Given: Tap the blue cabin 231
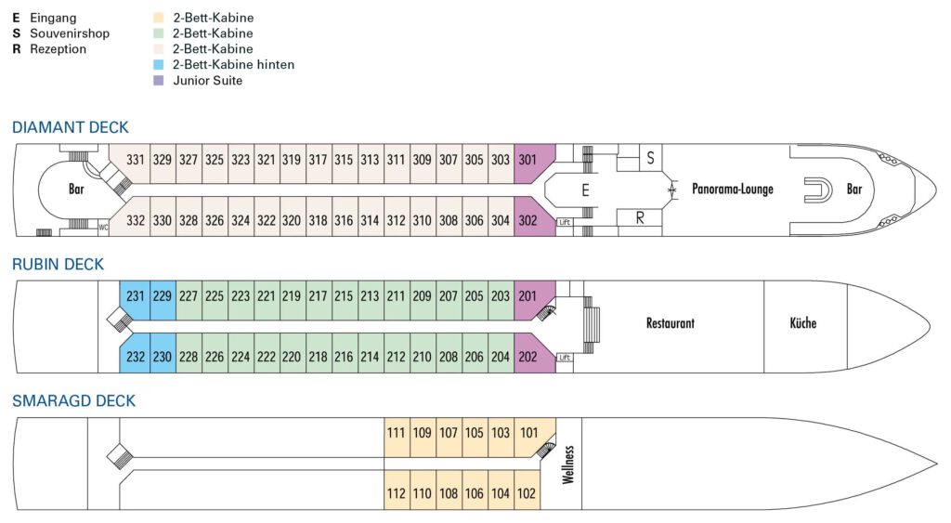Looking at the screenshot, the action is pos(135,296).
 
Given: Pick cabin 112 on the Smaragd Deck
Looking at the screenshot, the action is pos(397,493).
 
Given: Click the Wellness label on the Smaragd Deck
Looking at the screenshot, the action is pos(567,464).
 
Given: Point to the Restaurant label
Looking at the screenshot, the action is pos(671,323).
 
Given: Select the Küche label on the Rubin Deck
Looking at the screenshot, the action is pos(803,322).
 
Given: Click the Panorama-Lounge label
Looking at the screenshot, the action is pos(733,190).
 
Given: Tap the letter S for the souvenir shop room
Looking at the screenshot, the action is pos(650,158).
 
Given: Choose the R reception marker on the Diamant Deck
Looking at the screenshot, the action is pos(640,217).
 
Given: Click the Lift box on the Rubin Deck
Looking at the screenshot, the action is pos(565,358).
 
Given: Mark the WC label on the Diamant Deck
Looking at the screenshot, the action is pos(103,228).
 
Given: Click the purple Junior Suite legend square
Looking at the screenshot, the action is pos(159,80).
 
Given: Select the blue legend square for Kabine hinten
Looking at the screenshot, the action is pos(159,64).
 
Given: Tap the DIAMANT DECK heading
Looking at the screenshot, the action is pos(71,127).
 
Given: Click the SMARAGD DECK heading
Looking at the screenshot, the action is pos(74,401).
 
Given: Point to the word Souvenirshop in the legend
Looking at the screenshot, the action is pos(70,33).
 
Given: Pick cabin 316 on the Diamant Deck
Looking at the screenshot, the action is pos(344,221).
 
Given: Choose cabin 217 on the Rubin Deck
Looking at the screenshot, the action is pos(318,296).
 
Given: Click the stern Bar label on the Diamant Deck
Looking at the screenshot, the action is pos(76,190).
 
